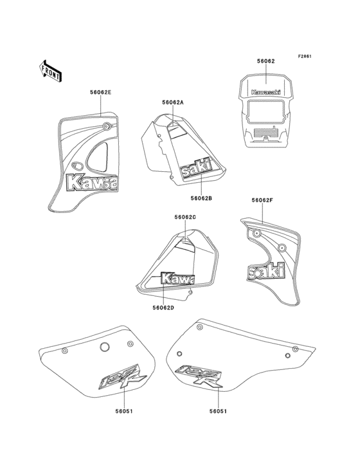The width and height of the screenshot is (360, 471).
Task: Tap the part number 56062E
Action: pyautogui.click(x=100, y=93)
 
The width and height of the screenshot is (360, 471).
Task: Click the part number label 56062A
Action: pyautogui.click(x=173, y=102)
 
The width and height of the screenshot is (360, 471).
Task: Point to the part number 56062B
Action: pyautogui.click(x=201, y=198)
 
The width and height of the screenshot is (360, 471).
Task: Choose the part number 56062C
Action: pyautogui.click(x=184, y=217)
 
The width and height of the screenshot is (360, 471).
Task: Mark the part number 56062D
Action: pyautogui.click(x=163, y=308)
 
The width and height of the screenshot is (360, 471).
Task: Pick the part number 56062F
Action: pyautogui.click(x=263, y=200)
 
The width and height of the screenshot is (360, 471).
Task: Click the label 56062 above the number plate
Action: pyautogui.click(x=266, y=61)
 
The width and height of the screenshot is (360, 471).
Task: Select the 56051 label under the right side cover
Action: pyautogui.click(x=218, y=409)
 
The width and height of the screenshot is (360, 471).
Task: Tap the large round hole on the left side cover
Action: pyautogui.click(x=104, y=348)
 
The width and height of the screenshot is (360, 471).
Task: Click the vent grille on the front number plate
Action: pyautogui.click(x=265, y=135)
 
